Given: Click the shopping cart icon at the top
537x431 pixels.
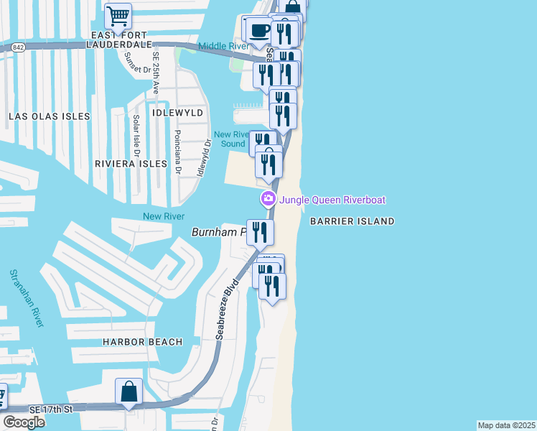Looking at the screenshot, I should [118, 15].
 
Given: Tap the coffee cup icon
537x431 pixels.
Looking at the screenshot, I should [258, 31].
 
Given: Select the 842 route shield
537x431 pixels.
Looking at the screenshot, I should [17, 47].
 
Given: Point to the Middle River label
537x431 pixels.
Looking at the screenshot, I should [223, 46].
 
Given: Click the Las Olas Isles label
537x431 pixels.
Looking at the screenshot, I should [49, 116].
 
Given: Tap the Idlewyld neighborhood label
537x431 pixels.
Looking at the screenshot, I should [177, 113].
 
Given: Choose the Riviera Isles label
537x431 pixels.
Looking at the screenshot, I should [131, 164].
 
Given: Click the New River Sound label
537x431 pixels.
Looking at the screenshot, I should [231, 139].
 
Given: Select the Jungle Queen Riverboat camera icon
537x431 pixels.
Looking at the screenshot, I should [268, 199].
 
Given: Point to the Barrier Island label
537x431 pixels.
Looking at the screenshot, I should [352, 221].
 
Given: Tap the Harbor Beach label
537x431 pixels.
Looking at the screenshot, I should [142, 342].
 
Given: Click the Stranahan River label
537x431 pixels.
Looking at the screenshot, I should [26, 298].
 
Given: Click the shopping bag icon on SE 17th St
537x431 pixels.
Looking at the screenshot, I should [129, 392].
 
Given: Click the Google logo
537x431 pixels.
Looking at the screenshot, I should [24, 422].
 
